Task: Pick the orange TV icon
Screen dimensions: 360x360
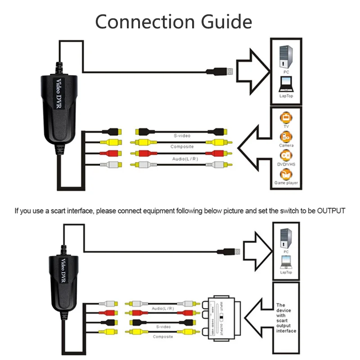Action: coord(286,118)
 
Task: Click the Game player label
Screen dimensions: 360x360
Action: coord(286,183)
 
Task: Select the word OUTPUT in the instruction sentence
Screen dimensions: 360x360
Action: coord(330,210)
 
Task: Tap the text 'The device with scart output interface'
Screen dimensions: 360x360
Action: coord(286,318)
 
